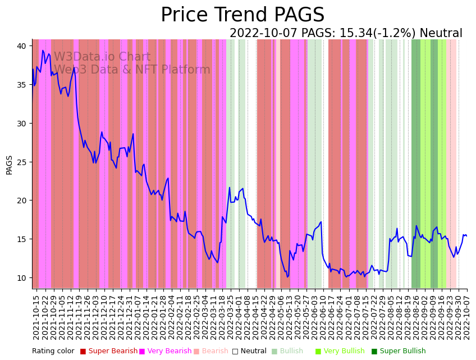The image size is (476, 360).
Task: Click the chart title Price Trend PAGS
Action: tap(242, 15)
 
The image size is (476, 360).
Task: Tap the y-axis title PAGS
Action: tap(9, 165)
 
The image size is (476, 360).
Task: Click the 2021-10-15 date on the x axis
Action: tap(36, 317)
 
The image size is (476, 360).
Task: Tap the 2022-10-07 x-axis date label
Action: tap(466, 317)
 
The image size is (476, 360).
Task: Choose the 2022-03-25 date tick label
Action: tap(230, 317)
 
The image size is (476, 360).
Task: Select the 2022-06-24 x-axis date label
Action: tap(340, 317)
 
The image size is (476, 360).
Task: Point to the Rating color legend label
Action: tap(53, 351)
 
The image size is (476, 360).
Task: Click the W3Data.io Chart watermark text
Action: tap(102, 57)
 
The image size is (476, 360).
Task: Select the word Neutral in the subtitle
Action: tap(441, 34)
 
